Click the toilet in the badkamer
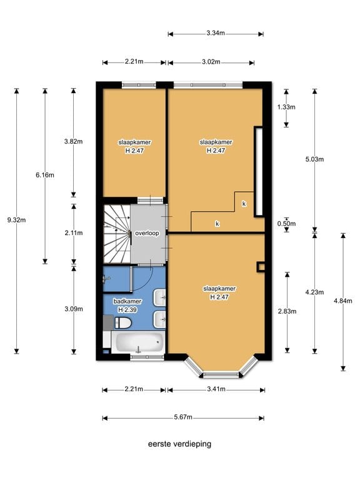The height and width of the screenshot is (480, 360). tap(122, 322)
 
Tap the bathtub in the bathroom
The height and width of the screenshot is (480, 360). tap(137, 342)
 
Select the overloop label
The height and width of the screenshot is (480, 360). tap(147, 233)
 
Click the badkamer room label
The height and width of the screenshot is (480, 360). tap(127, 301)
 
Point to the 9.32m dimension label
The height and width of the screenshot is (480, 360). tap(16, 220)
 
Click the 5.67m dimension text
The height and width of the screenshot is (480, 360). tap(183, 417)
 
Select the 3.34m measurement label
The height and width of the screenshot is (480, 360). tap(216, 33)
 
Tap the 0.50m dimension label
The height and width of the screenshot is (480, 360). tap(286, 224)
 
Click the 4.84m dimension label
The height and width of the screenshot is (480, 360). tap(343, 301)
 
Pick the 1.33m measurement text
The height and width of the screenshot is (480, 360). tap(286, 107)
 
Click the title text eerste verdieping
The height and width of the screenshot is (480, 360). tap(180, 444)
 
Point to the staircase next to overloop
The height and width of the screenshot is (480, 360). tap(117, 234)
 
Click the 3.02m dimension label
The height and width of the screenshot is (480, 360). tap(211, 62)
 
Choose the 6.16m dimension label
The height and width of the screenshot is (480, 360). tap(45, 175)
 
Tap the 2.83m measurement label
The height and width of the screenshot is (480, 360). tap(287, 311)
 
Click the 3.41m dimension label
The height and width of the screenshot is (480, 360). tap(216, 389)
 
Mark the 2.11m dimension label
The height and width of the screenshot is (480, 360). tap(74, 233)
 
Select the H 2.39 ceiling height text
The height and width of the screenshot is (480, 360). tap(127, 310)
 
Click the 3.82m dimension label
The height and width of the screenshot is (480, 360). tap(74, 141)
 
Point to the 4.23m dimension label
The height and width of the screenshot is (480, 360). tap(314, 292)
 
